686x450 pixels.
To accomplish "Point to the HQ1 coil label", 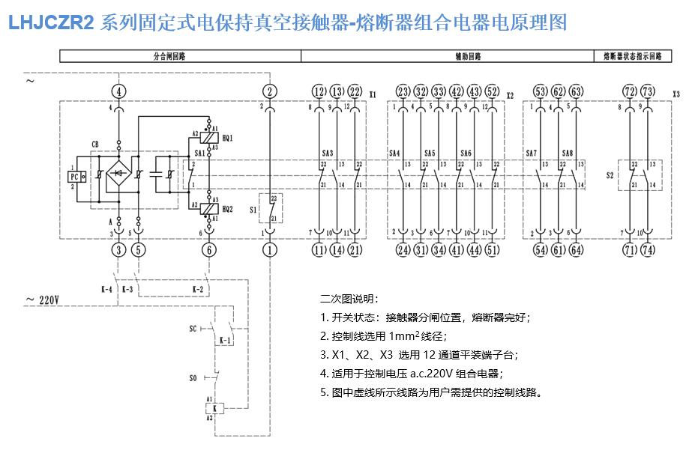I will pos(227,138).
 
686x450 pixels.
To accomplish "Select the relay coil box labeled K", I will pos(216,409).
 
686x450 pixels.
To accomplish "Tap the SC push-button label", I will pos(193,329).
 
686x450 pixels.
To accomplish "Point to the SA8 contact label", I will pos(568,153).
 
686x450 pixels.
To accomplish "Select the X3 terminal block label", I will pos(676,96).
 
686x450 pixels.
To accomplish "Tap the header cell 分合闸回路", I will pos(180,55).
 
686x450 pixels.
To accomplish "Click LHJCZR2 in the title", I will pos(51,22).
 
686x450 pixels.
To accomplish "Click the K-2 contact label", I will pos(197,288).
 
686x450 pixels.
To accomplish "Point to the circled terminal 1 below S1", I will pos(270,249).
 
